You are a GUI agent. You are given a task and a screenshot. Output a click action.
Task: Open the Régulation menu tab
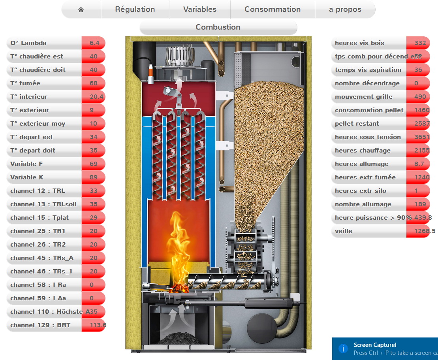pyautogui.click(x=135, y=9)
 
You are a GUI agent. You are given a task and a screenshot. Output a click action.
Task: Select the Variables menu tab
pyautogui.click(x=200, y=9)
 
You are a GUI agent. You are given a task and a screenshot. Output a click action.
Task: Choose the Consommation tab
pyautogui.click(x=273, y=9)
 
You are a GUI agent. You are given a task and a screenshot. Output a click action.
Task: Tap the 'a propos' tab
pyautogui.click(x=345, y=9)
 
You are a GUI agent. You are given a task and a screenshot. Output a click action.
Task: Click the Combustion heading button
pyautogui.click(x=218, y=27)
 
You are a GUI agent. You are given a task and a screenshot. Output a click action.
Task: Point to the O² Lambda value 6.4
pyautogui.click(x=94, y=43)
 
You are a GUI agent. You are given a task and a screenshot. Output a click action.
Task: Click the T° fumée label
pyautogui.click(x=25, y=83)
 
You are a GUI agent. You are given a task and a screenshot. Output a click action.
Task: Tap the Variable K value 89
pyautogui.click(x=94, y=177)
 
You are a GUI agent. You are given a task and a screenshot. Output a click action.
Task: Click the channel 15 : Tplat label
pyautogui.click(x=38, y=218)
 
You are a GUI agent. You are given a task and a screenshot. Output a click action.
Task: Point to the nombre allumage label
pyautogui.click(x=363, y=204)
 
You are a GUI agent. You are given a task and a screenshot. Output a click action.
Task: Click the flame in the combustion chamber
pyautogui.click(x=180, y=245)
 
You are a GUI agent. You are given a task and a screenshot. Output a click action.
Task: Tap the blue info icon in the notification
pyautogui.click(x=343, y=349)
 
